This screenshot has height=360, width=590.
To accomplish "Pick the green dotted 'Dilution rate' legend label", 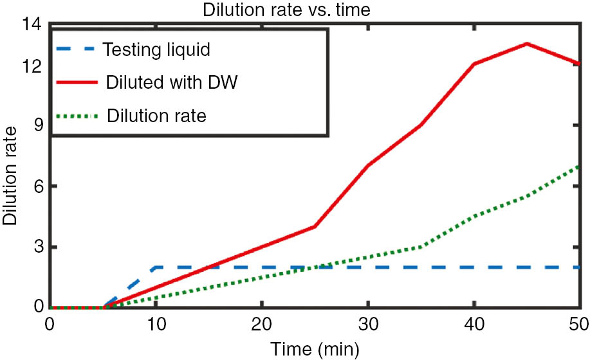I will click(157, 116).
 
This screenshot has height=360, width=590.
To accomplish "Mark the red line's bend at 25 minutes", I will click(315, 226).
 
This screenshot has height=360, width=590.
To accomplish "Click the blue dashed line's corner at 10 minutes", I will click(155, 267).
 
